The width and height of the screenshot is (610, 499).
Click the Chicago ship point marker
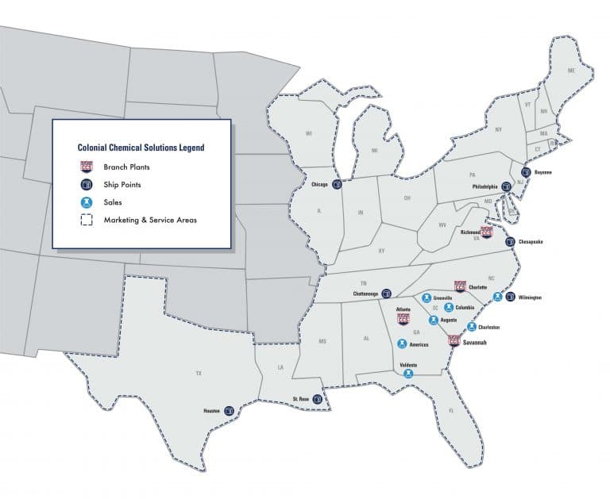[x=337, y=186]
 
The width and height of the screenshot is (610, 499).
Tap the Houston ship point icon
[x=230, y=411]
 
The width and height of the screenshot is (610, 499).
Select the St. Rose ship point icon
[x=318, y=399]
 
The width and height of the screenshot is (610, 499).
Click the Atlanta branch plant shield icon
[x=403, y=320]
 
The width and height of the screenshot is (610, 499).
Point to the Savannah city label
[x=475, y=343]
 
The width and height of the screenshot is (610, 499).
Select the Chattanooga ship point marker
[x=387, y=293]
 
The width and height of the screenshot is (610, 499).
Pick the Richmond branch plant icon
[x=487, y=232]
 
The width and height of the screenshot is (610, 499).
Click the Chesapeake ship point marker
[x=510, y=241]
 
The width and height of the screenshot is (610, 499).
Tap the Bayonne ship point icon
[x=525, y=171]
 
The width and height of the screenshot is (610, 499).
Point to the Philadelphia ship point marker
[x=505, y=187]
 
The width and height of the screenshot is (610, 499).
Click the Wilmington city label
[x=529, y=297]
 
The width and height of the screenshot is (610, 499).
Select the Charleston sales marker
[x=472, y=326]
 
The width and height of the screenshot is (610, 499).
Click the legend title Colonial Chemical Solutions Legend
[x=141, y=148]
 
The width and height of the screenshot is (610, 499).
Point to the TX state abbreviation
[x=198, y=371]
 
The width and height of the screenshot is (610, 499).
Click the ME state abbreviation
[x=569, y=71]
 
